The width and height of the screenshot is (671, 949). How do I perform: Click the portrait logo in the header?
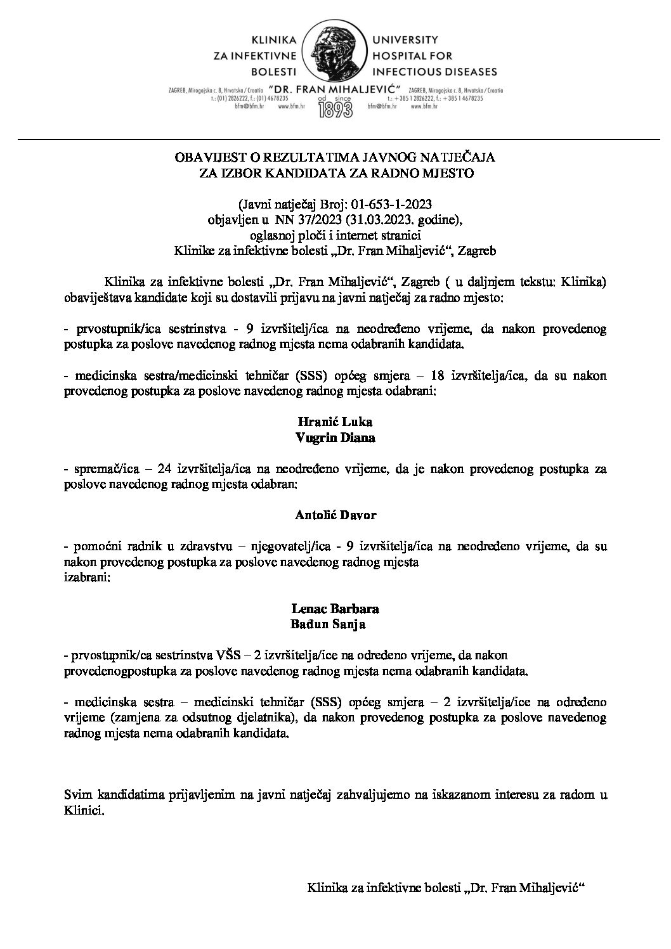335,50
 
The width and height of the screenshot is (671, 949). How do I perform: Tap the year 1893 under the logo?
336,110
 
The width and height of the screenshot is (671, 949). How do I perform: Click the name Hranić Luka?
335,422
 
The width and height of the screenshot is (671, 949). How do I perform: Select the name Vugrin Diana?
335,437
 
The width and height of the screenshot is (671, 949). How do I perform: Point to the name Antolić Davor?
335,515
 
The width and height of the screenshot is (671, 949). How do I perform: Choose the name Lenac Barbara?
335,609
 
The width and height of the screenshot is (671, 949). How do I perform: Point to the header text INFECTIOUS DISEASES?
435,71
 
